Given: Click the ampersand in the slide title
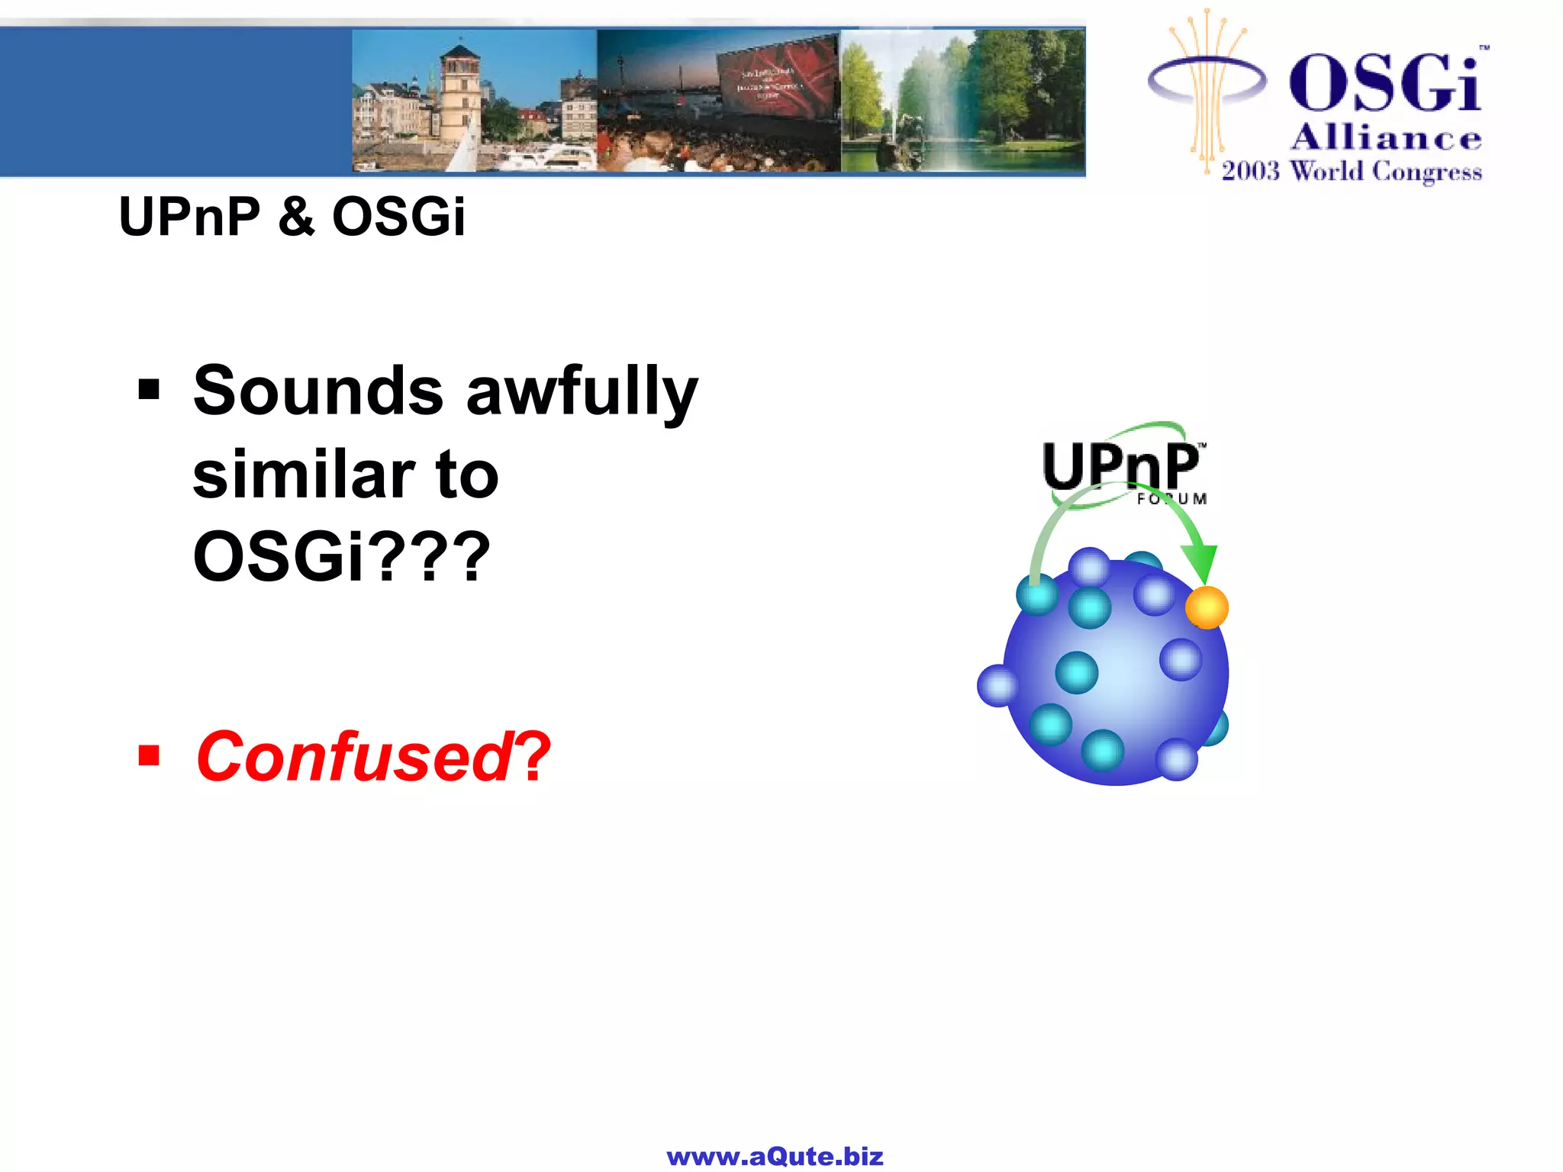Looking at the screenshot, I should pos(296,217).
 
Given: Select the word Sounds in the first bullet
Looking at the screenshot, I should pos(317,391).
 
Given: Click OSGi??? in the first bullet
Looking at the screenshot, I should pos(340,556).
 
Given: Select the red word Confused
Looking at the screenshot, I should pos(353,757).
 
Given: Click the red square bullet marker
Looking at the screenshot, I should pos(149,756).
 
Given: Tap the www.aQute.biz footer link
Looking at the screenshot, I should pos(775,1157).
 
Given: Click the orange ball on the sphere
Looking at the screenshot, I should pos(1206,608).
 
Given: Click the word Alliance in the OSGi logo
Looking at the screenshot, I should pos(1385,139).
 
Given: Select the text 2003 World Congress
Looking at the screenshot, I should pos(1351,171).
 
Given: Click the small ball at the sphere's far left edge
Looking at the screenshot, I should pos(997,685).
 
